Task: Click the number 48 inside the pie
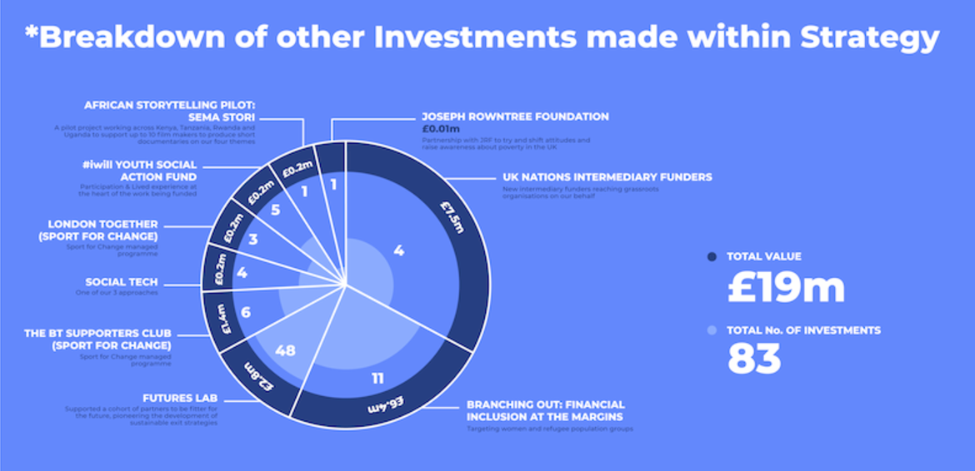click(x=285, y=350)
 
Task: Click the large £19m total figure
click(x=785, y=288)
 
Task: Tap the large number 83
click(x=754, y=359)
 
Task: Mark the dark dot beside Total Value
click(x=711, y=257)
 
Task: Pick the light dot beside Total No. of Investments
click(x=711, y=330)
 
